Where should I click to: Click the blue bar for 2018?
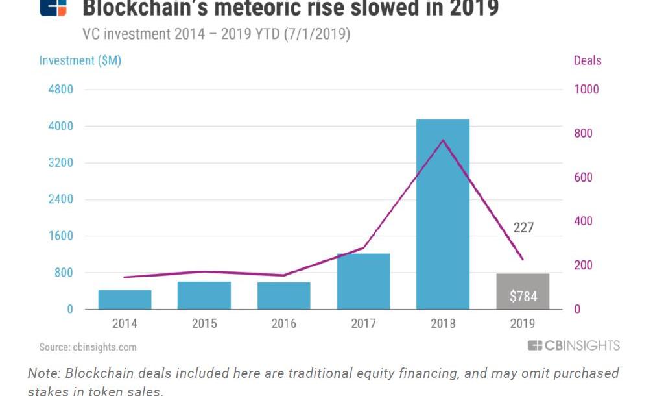coord(442,214)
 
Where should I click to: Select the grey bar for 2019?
coord(523,291)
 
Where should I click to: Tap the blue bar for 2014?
coord(125,299)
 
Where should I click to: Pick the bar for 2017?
coord(363,281)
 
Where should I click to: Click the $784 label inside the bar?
coord(523,297)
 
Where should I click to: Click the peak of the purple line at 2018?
coord(442,140)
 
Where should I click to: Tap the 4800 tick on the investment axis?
coord(61,89)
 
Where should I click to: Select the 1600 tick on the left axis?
coord(61,236)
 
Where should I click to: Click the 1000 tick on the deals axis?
coord(586,89)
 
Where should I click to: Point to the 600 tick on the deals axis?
coord(584,177)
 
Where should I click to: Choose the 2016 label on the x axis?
coord(283,323)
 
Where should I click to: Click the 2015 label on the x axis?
coord(204,323)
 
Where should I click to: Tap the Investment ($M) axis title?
coord(80,60)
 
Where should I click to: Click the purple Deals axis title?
coord(587,60)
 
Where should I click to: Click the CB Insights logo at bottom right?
coord(573,345)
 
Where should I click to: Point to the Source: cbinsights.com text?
coord(88,347)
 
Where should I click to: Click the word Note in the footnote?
coord(42,374)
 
